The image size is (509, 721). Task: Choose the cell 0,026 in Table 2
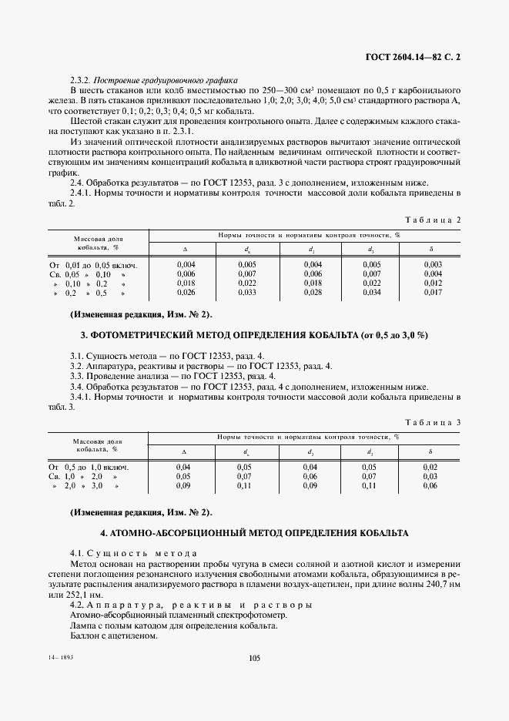tap(186, 293)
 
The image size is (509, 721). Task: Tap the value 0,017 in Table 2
tap(433, 293)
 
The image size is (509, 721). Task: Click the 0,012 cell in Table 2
tap(433, 283)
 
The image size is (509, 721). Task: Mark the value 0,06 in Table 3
tap(430, 486)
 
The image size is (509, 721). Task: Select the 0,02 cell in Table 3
tap(430, 467)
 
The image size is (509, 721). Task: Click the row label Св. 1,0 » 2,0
tap(86, 477)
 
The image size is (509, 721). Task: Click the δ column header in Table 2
tap(431, 250)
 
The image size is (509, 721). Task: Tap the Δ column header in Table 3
tap(183, 452)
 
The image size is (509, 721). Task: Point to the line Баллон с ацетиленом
tap(113, 636)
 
